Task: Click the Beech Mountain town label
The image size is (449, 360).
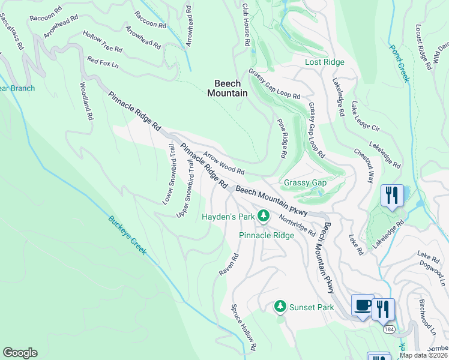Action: click(228, 88)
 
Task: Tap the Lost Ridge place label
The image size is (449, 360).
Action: click(325, 62)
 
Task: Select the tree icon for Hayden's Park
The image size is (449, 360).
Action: click(263, 215)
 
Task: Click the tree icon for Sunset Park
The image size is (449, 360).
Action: click(280, 307)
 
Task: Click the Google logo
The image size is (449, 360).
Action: click(20, 353)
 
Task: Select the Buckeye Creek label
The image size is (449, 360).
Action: click(127, 236)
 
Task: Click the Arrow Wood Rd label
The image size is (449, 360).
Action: click(223, 163)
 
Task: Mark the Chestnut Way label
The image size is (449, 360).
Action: click(363, 166)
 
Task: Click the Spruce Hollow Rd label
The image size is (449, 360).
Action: click(244, 327)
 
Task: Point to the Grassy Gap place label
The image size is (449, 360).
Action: click(306, 183)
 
